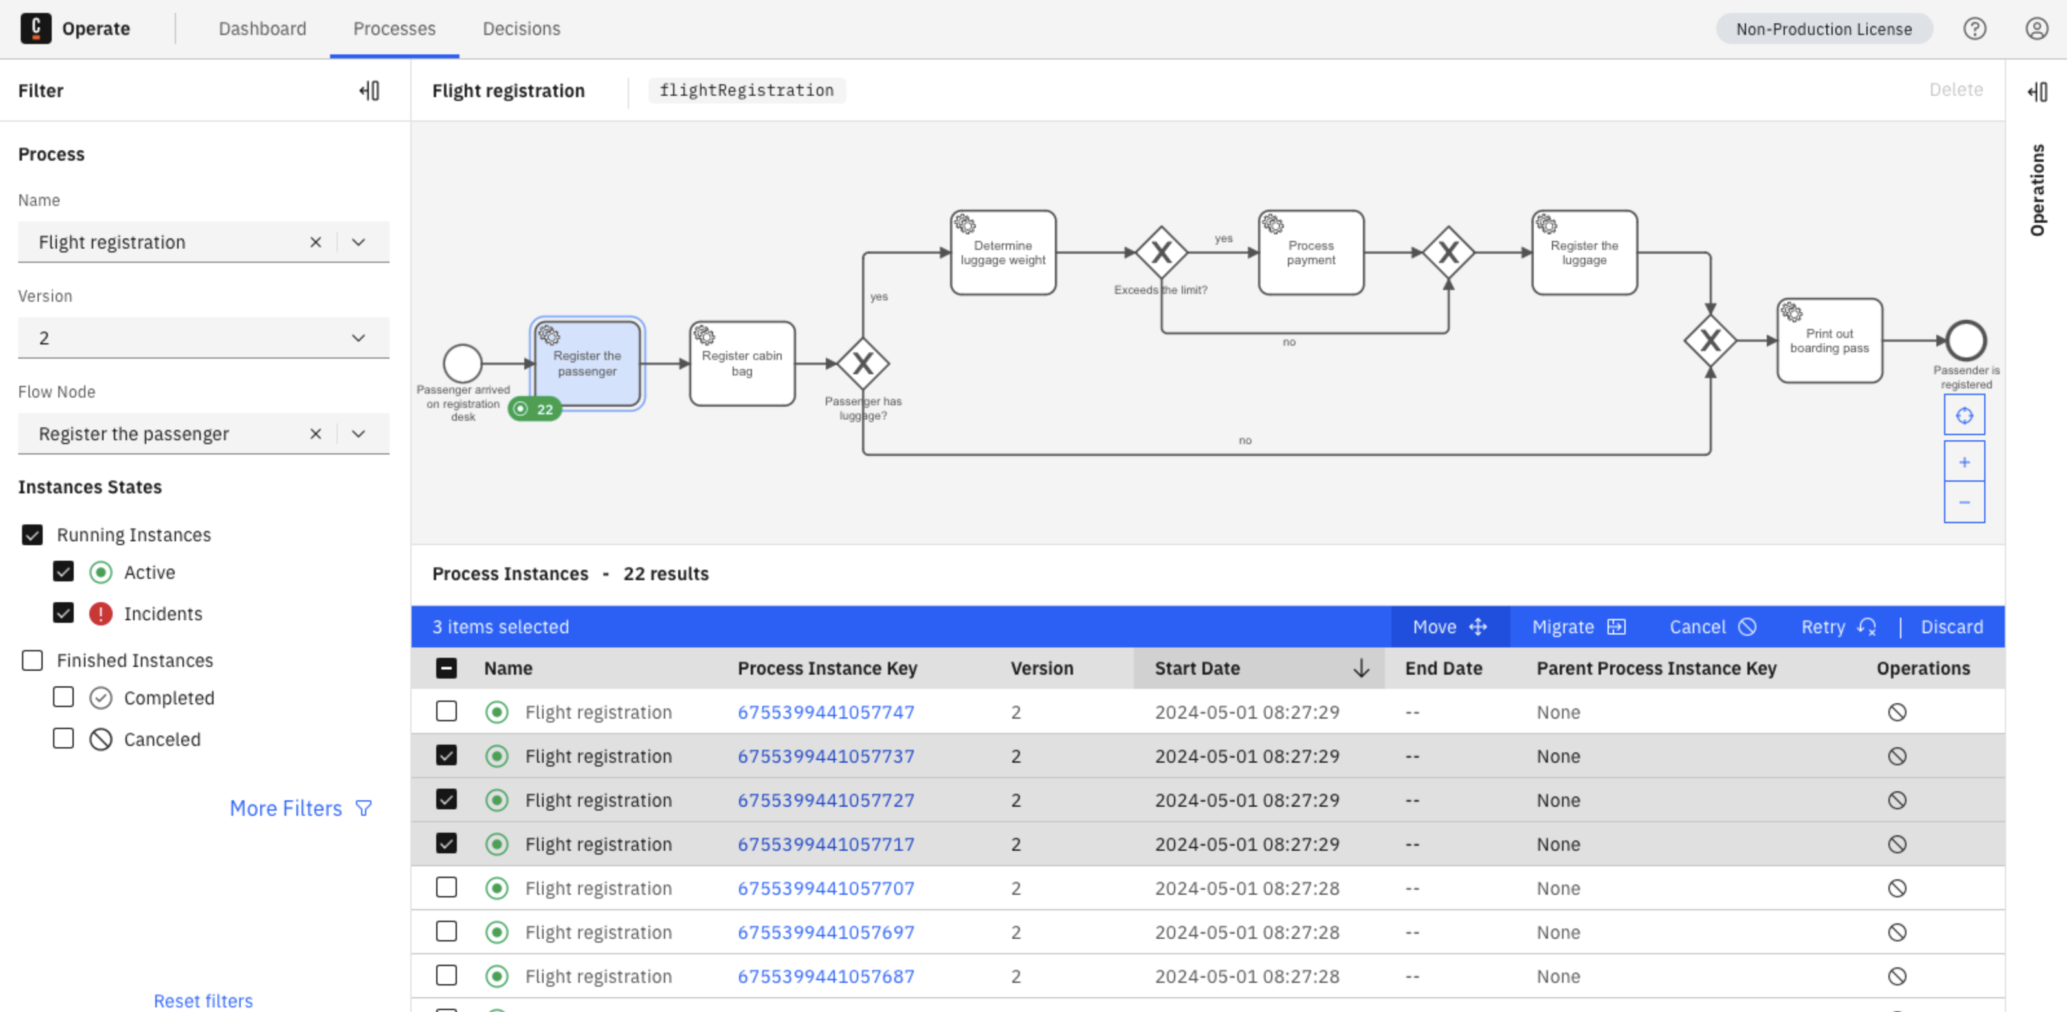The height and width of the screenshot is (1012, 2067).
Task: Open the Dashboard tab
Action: tap(261, 29)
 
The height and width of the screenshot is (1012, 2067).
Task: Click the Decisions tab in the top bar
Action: tap(521, 29)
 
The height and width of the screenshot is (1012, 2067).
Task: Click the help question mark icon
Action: tap(1974, 29)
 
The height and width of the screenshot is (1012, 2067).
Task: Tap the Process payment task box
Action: tap(1310, 253)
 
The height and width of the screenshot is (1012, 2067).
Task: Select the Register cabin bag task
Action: tap(742, 363)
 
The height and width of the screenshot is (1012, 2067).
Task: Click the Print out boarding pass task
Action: tap(1829, 341)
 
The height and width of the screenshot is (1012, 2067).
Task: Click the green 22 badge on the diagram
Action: tap(535, 409)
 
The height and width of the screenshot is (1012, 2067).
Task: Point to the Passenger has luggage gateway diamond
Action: tap(863, 363)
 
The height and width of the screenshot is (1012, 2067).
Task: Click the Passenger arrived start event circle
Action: tap(463, 363)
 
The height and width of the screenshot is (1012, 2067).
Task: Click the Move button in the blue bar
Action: tap(1449, 627)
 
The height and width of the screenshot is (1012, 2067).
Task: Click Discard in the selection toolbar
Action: tap(1951, 627)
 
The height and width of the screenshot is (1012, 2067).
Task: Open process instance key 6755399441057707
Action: tap(826, 888)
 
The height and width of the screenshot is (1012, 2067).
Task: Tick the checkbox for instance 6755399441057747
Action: tap(446, 712)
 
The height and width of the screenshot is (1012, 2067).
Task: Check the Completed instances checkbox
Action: tap(63, 697)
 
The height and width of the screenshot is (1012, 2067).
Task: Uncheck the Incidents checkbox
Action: tap(63, 613)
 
